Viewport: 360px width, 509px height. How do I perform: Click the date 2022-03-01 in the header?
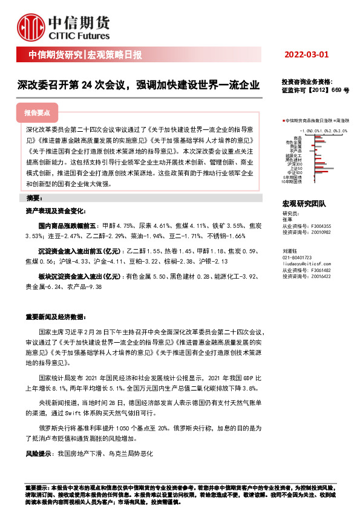tap(307, 55)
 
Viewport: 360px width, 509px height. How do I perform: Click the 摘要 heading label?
tap(34, 198)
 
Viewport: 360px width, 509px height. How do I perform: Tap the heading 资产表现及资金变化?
tap(55, 212)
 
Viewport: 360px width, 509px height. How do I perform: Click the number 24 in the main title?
tap(90, 85)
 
